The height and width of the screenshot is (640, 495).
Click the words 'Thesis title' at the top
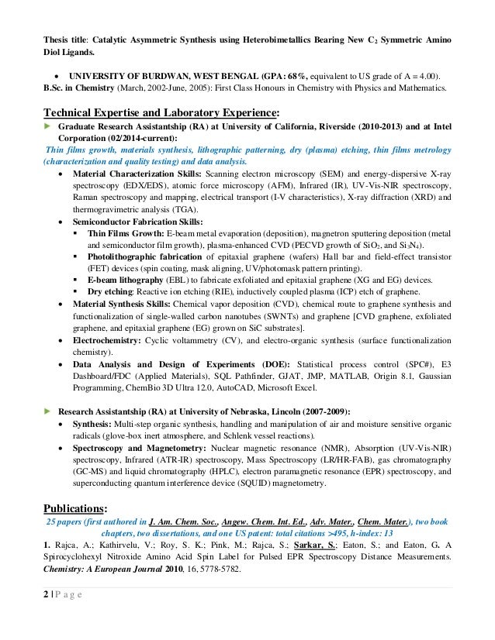64,17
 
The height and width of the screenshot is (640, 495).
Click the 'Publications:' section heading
79,508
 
